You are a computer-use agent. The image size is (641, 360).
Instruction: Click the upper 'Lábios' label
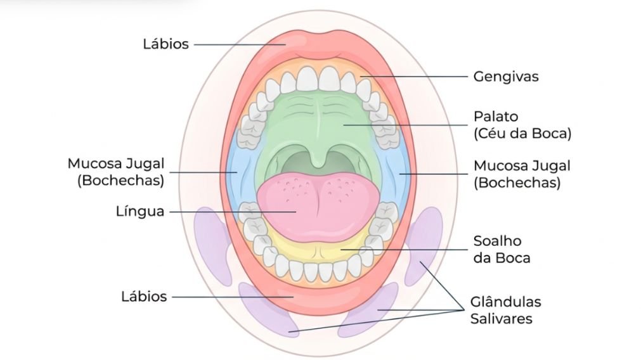[165, 44]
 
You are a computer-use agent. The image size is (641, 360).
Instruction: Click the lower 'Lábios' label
[144, 296]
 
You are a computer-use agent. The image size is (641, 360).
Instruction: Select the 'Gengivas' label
[505, 77]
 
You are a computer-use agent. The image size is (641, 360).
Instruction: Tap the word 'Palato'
[496, 117]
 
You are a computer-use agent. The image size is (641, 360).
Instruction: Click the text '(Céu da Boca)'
[522, 134]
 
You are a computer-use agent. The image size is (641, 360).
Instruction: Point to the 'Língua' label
[140, 211]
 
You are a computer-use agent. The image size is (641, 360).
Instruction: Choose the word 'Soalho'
[497, 241]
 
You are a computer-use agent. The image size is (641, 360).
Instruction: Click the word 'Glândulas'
[505, 301]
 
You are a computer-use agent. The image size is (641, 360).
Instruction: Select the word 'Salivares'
[501, 318]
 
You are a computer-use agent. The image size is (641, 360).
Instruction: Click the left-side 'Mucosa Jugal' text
[116, 164]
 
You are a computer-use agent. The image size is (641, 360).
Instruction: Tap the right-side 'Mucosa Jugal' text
[522, 166]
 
